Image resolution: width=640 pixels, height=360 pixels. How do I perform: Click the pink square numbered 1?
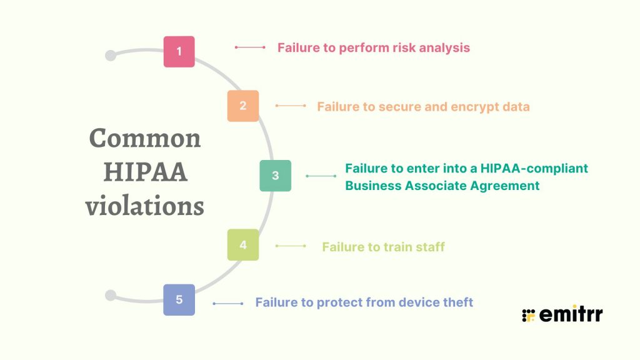point(179,51)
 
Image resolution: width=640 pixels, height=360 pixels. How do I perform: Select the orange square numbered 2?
point(243,106)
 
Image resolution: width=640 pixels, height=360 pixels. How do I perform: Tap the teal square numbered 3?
point(276,176)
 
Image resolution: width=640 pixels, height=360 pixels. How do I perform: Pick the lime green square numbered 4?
point(243,245)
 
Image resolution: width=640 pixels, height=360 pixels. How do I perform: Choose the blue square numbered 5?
point(179,299)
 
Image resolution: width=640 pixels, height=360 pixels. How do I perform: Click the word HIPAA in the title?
point(145,172)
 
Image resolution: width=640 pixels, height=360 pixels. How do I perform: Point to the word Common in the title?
point(145,138)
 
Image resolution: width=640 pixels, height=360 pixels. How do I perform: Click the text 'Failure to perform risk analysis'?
point(374,47)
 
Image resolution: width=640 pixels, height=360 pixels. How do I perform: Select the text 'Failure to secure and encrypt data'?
point(423,106)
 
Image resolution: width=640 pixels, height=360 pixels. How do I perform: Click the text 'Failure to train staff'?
point(383,247)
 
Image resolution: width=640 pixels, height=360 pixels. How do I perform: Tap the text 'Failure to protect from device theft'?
point(364,302)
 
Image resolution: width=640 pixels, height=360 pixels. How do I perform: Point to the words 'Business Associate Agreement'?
point(442,186)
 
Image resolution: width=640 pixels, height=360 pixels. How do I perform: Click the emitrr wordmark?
point(571,314)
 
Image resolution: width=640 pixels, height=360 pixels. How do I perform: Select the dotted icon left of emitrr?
point(528,315)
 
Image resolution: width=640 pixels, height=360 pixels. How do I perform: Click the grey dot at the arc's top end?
point(111,56)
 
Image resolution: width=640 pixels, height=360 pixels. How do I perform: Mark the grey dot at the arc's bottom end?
point(111,295)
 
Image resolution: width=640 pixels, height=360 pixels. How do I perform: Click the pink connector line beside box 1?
point(250,47)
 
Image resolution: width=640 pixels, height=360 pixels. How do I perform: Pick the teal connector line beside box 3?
point(321,176)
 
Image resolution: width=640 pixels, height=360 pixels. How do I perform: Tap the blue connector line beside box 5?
point(228,304)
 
